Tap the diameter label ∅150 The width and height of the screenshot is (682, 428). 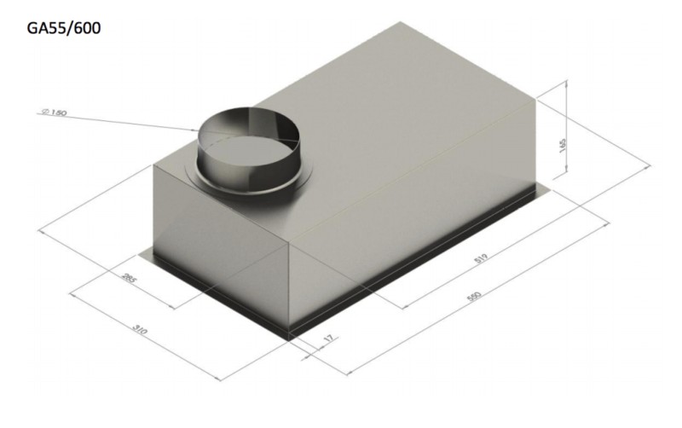[54, 113]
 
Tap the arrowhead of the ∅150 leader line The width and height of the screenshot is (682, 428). [197, 130]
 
